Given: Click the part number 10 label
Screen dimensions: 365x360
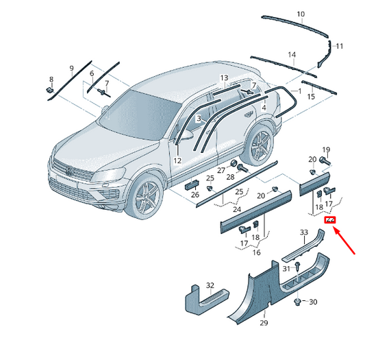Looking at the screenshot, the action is click(x=301, y=14).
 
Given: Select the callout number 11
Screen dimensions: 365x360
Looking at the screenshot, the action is click(x=340, y=46).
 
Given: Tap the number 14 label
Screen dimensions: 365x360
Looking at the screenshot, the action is click(x=292, y=55).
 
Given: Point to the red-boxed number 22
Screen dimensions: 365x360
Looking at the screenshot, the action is click(x=330, y=220).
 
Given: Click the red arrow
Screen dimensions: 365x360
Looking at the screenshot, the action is click(x=344, y=241).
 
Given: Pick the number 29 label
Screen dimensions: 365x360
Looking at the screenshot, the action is click(x=264, y=323).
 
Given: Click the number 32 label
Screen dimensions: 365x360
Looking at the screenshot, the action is click(x=210, y=285).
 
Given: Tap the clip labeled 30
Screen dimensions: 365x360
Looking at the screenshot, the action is click(x=298, y=302).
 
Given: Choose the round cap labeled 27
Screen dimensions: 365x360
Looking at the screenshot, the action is click(x=234, y=163).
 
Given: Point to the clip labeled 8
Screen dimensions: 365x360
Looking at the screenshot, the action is click(x=49, y=90).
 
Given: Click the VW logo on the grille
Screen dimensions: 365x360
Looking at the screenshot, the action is click(x=69, y=171).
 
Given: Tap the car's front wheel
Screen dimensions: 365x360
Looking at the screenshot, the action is click(x=144, y=196).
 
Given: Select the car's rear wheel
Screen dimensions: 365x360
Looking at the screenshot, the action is click(x=259, y=144).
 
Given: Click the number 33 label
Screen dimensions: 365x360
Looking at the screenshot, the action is click(x=304, y=232).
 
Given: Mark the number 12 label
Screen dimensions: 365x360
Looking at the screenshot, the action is click(x=177, y=160).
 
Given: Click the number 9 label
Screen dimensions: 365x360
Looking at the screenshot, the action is click(x=72, y=69).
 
